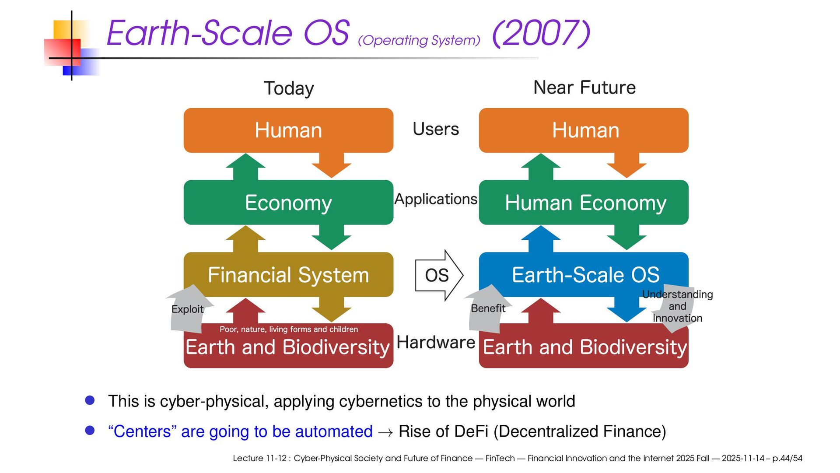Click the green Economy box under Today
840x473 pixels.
pos(288,202)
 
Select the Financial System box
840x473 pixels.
pos(288,274)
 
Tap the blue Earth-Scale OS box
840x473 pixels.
pos(584,274)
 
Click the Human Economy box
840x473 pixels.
pos(584,202)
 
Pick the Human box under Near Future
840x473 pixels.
pos(584,130)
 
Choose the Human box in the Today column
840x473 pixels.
pos(288,130)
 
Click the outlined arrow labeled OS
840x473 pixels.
pos(439,275)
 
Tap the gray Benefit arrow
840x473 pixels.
pos(487,308)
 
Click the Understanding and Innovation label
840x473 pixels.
pos(677,306)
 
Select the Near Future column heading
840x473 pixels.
pos(584,88)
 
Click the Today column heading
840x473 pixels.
pos(289,88)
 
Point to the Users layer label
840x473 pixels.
pos(436,129)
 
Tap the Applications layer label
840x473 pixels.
pos(436,199)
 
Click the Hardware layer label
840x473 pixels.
pos(436,342)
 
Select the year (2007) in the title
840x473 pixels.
pos(541,33)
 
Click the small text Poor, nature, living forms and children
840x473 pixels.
pos(288,329)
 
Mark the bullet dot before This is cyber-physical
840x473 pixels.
pos(90,400)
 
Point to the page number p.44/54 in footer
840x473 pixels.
pos(787,458)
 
